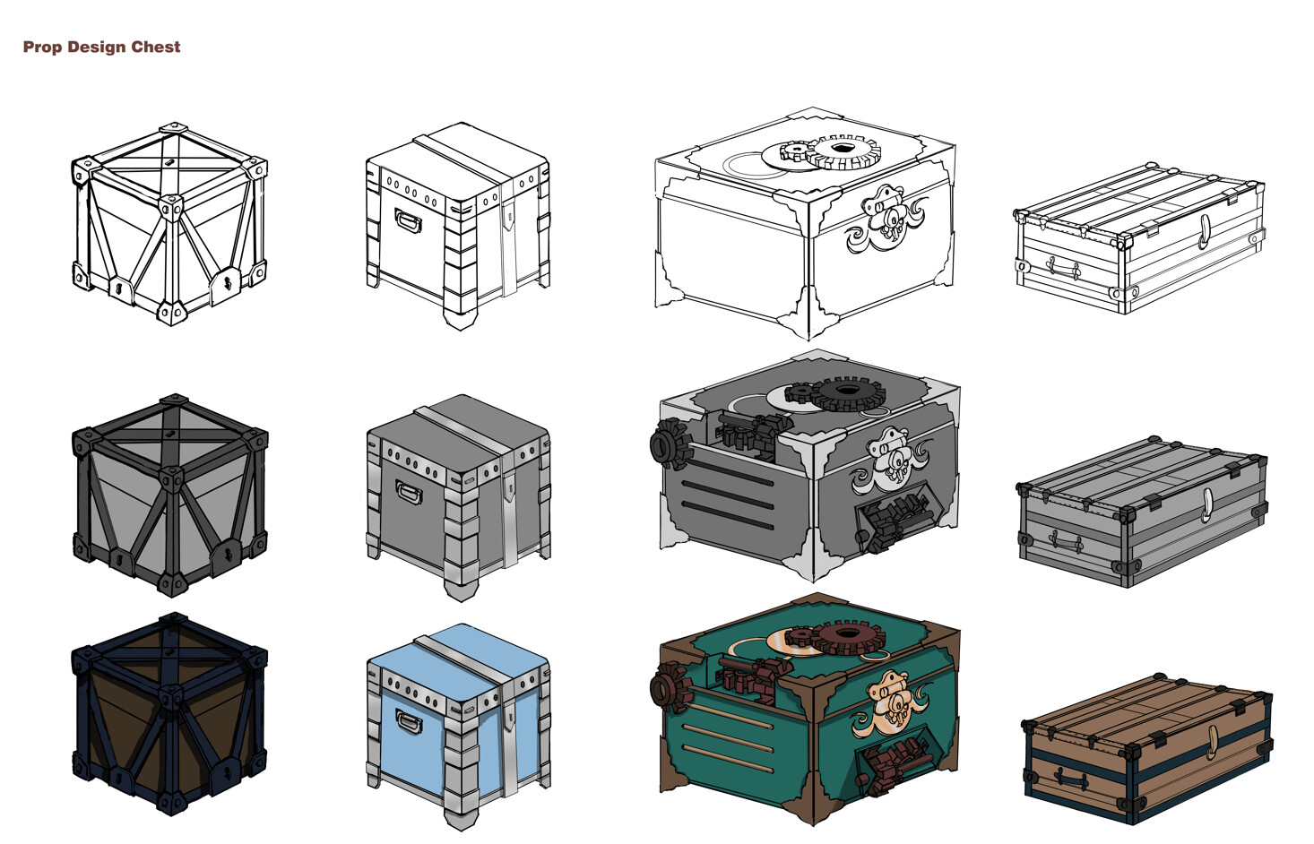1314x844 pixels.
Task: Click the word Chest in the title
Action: [156, 47]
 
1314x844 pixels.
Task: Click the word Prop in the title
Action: [42, 47]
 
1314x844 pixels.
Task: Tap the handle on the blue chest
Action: [408, 721]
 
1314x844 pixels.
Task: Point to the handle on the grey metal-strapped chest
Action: [408, 492]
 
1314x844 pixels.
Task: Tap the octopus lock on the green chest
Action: [890, 703]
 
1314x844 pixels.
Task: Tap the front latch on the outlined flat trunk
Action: [1205, 230]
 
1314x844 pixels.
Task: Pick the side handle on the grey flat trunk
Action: [1064, 540]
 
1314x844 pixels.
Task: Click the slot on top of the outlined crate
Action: [169, 162]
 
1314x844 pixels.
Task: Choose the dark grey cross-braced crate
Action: [169, 495]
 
